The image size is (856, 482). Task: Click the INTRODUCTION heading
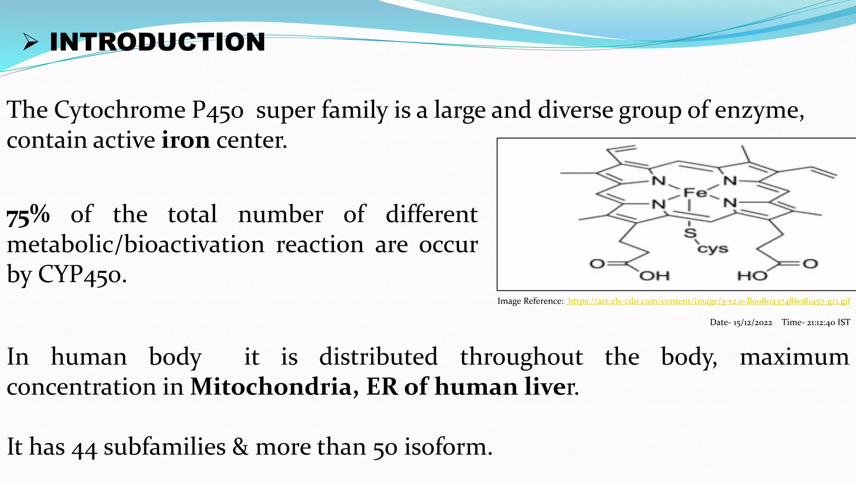coord(157,42)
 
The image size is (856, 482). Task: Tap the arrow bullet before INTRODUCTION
coord(31,42)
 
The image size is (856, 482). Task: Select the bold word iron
coord(186,140)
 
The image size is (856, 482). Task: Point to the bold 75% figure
coord(28,215)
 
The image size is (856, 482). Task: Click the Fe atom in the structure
coord(695,193)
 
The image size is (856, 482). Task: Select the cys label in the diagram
coord(713,249)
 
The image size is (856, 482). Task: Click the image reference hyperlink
coord(709,301)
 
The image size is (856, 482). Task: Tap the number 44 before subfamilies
coord(84,448)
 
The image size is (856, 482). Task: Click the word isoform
coord(448,447)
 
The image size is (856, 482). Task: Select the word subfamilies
coord(165,447)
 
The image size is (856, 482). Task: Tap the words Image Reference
coord(530,301)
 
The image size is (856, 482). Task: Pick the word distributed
coord(378,357)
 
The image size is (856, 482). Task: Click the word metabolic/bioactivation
coord(135,245)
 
